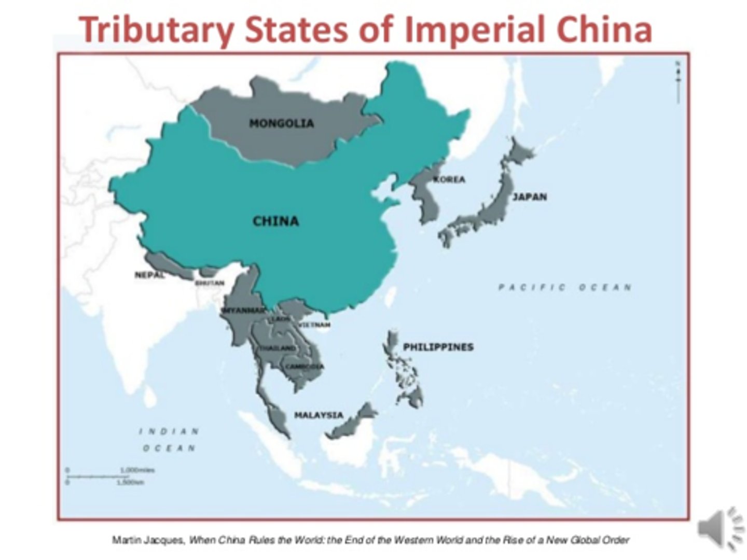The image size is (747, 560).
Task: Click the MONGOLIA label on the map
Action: click(281, 123)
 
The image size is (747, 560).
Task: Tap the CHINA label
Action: click(275, 221)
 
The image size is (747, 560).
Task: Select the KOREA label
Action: click(449, 180)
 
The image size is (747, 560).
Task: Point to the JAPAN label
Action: click(530, 197)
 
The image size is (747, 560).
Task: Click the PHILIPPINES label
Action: click(438, 347)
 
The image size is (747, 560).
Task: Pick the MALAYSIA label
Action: click(319, 415)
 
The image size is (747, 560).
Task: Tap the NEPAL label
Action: click(149, 275)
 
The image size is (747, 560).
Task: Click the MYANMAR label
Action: click(243, 310)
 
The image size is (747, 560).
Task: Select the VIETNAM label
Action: click(314, 325)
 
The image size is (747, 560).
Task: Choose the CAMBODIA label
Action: click(305, 367)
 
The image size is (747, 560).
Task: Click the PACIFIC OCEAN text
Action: click(565, 287)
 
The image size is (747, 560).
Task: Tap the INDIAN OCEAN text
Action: click(169, 439)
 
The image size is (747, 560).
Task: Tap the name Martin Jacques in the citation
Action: click(148, 540)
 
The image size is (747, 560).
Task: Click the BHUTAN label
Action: click(210, 283)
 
